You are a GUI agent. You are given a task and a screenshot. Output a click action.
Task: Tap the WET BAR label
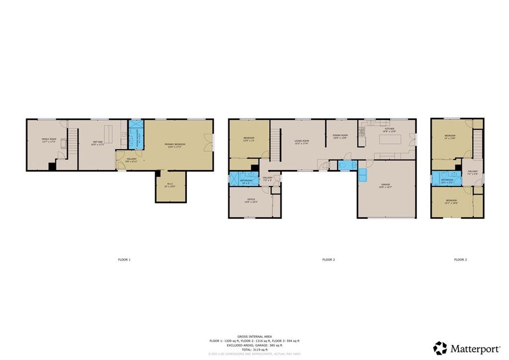97,143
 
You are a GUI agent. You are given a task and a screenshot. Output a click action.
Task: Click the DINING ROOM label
340,136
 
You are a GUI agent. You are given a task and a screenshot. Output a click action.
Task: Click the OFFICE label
251,201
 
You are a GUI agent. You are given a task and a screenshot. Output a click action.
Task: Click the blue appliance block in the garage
362,174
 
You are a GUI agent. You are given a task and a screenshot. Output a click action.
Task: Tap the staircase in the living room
276,144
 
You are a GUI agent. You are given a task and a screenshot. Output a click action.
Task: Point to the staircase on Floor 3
477,144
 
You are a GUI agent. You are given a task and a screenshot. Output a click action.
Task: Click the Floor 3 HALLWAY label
472,173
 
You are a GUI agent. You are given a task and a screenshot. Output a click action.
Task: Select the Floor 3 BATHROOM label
447,180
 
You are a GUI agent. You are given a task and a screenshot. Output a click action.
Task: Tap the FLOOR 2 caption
329,260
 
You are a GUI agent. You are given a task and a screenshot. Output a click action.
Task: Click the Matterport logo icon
440,348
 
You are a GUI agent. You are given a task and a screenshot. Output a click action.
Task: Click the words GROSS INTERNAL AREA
254,337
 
